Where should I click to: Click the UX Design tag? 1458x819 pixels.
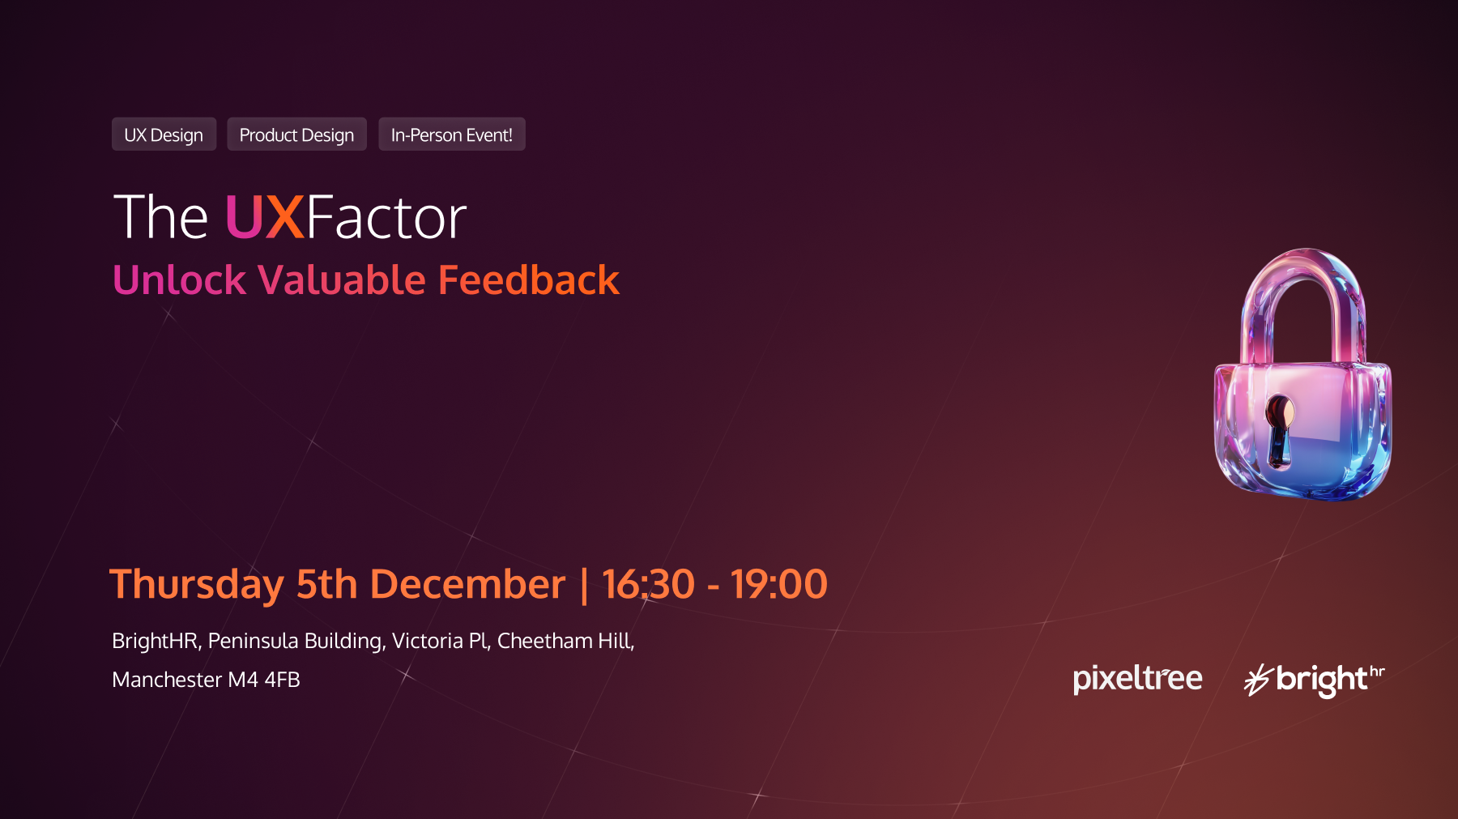coord(164,134)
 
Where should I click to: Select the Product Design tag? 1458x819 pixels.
coord(296,134)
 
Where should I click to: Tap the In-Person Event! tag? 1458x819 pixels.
coord(452,134)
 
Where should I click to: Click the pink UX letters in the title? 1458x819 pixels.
coord(264,217)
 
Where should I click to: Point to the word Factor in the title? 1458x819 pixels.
coord(386,217)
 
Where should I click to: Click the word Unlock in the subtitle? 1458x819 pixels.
coord(179,280)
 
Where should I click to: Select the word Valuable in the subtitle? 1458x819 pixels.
coord(342,280)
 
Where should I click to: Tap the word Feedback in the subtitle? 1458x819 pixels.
coord(529,280)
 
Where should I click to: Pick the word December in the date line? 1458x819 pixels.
coord(467,584)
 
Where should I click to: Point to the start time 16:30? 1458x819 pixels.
coord(648,584)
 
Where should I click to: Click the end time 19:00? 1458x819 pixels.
coord(779,584)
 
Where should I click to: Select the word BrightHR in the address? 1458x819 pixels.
coord(155,641)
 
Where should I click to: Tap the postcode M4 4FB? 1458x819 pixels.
coord(264,680)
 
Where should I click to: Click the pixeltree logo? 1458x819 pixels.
coord(1137,679)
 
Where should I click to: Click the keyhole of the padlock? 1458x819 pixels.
coord(1279,429)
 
